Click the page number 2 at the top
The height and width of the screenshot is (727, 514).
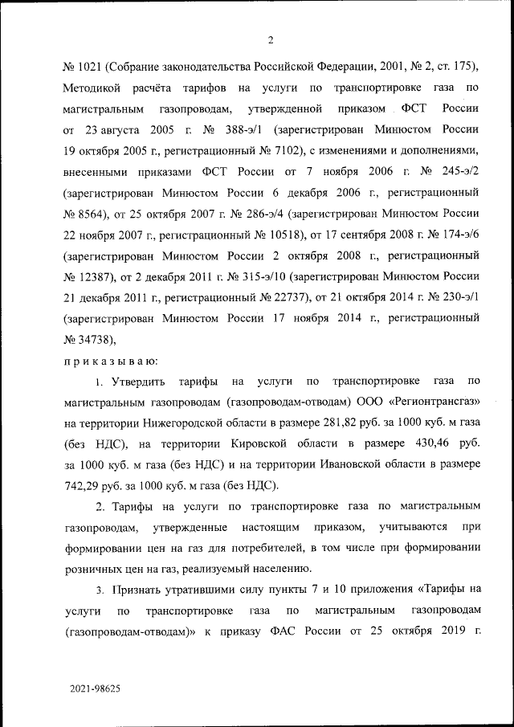click(271, 41)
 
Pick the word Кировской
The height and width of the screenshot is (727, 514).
click(261, 443)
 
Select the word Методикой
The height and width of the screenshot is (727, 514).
click(92, 87)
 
